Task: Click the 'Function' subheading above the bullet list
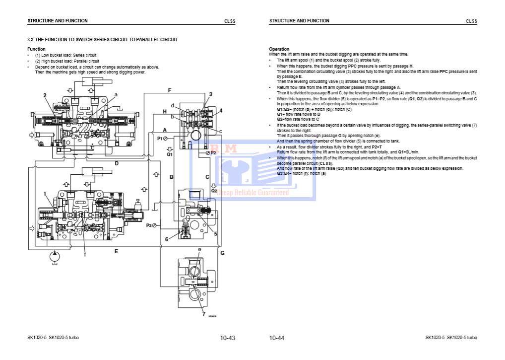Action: (x=36, y=49)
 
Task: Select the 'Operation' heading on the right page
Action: (x=279, y=49)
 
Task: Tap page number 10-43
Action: (x=227, y=338)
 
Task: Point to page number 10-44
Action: (x=277, y=338)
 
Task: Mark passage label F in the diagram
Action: (x=169, y=90)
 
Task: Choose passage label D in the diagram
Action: (x=117, y=163)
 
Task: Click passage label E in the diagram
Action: (x=116, y=251)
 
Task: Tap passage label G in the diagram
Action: (x=222, y=253)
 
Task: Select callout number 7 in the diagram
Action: (x=203, y=314)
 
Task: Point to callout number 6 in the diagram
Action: (x=167, y=239)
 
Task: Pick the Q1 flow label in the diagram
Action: (x=169, y=154)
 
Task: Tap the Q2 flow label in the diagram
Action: (x=214, y=190)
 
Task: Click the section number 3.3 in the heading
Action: (x=30, y=39)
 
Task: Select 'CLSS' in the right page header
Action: (x=471, y=21)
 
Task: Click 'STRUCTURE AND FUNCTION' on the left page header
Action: (x=58, y=21)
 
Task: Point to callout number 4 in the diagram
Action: (x=221, y=110)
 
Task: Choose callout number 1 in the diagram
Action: (x=45, y=193)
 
